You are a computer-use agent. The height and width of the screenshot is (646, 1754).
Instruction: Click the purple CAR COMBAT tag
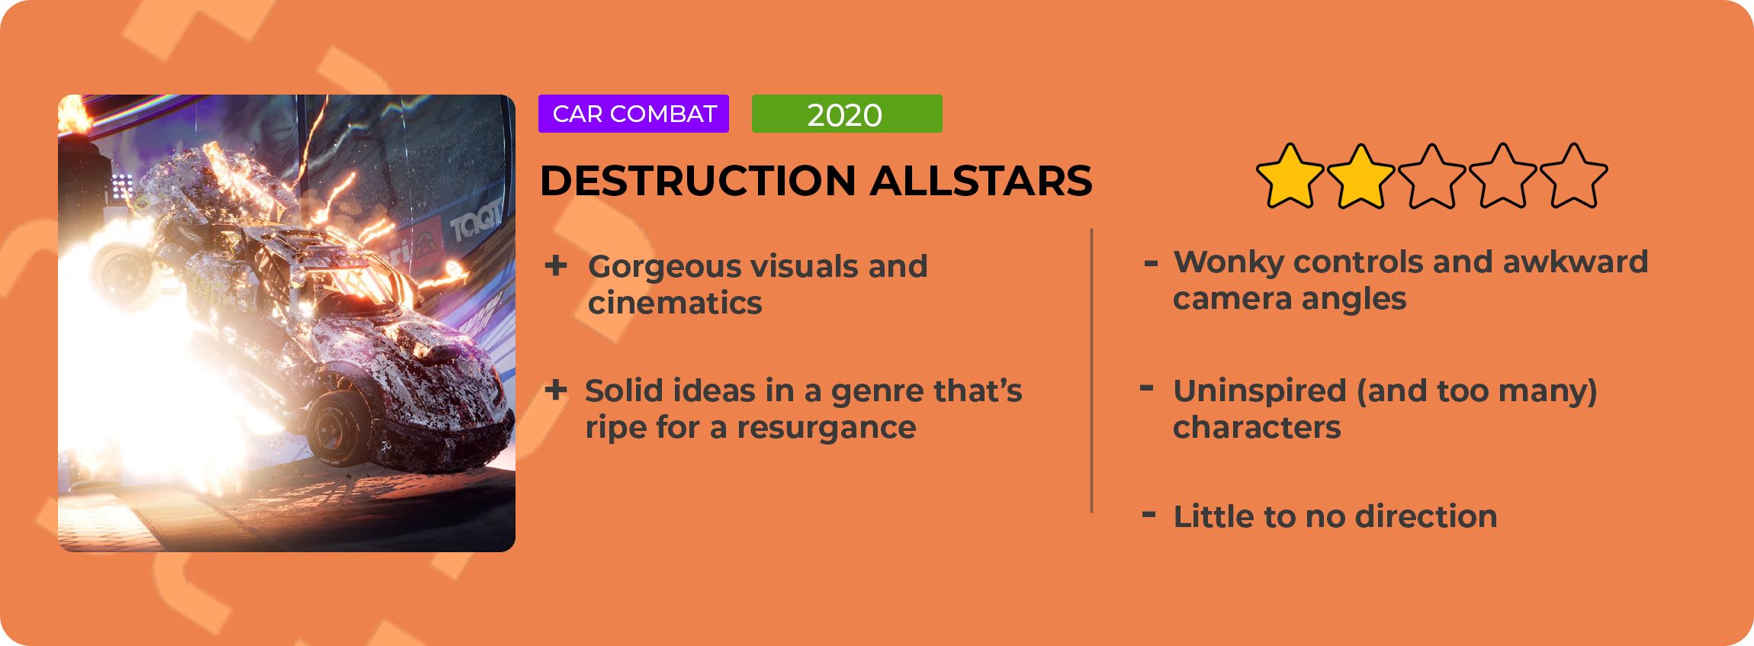tap(634, 114)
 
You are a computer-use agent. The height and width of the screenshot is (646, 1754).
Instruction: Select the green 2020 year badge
tap(847, 114)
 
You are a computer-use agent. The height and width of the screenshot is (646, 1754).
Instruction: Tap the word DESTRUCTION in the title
tap(698, 181)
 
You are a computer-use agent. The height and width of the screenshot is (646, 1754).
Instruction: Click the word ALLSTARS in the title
tap(981, 181)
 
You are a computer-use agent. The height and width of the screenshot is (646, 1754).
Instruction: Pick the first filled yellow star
tap(1290, 176)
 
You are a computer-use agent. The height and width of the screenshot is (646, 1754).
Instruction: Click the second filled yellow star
tap(1361, 176)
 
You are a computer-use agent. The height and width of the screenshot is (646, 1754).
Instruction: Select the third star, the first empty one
tap(1432, 176)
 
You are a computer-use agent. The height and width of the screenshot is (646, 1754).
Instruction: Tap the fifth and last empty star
tap(1574, 176)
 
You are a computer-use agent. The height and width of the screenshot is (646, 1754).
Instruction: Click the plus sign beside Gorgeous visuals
tap(556, 265)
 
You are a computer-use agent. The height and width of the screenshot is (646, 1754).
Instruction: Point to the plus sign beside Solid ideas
tap(556, 390)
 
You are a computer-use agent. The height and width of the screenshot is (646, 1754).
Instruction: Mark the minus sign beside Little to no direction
tap(1148, 515)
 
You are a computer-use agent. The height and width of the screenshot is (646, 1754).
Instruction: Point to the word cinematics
tap(675, 303)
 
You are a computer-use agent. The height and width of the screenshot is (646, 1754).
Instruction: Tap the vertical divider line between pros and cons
tap(1092, 370)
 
